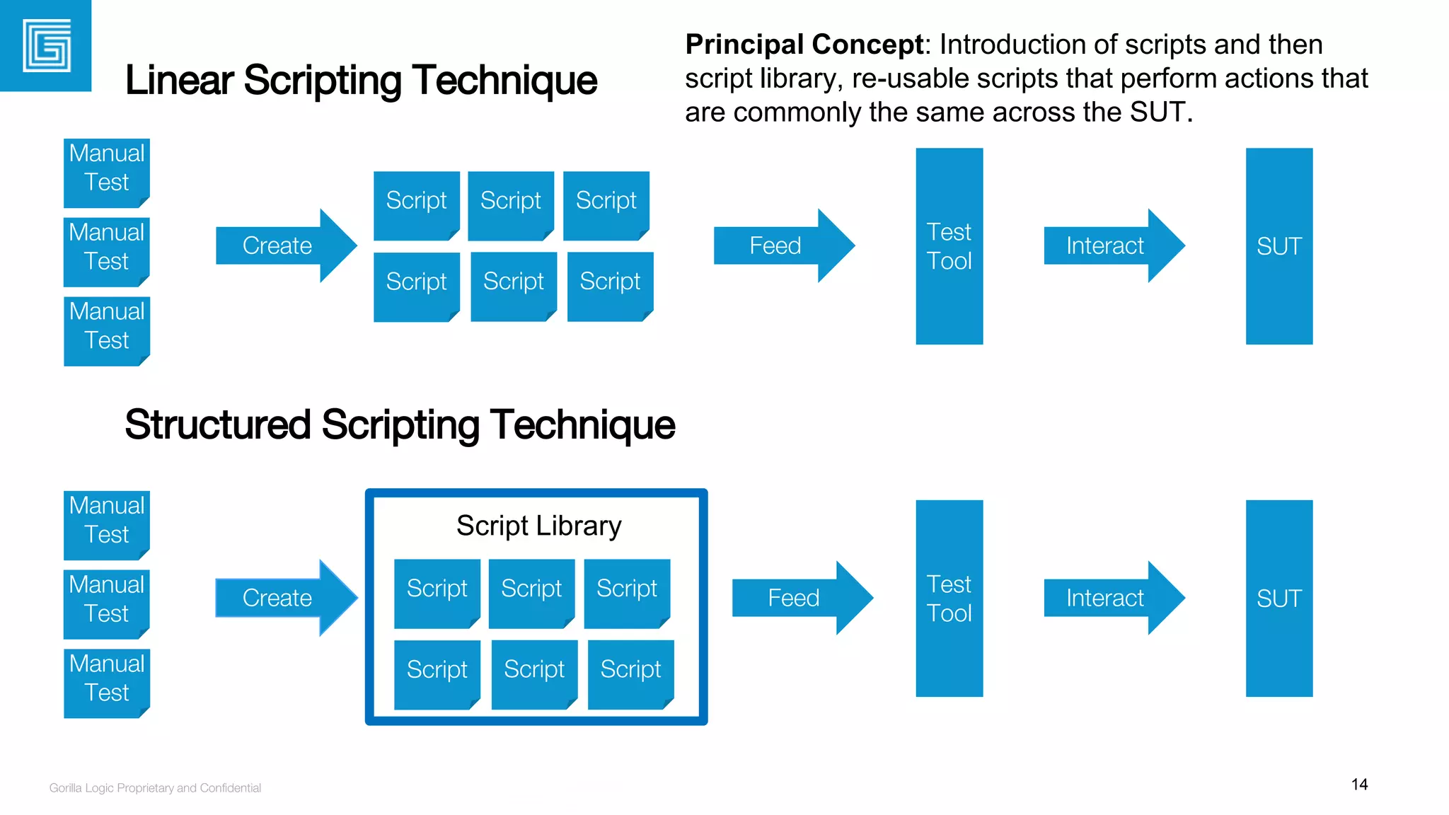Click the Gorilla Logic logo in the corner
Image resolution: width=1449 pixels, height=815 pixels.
46,46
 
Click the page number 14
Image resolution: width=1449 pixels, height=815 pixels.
1358,785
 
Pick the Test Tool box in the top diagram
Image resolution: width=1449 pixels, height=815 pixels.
949,246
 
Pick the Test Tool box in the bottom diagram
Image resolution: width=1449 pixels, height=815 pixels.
949,599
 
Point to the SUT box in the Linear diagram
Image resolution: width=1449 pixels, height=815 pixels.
1278,246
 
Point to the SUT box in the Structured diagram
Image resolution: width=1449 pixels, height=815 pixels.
1278,599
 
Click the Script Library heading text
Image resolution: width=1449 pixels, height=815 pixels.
538,526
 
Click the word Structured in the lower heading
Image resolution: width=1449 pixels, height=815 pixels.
218,424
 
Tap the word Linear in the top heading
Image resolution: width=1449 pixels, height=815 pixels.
179,80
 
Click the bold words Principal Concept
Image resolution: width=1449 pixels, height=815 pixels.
804,45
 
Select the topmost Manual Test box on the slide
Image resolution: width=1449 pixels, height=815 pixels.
107,172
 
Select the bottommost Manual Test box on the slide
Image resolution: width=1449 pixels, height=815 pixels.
107,683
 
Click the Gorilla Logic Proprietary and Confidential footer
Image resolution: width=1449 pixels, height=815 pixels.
155,788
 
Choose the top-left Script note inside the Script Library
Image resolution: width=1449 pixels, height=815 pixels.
437,592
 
